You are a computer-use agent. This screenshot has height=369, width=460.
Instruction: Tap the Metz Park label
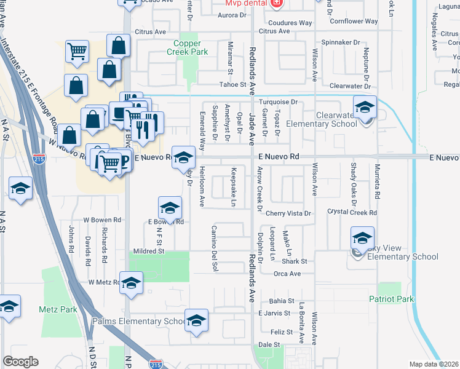[x=58, y=309]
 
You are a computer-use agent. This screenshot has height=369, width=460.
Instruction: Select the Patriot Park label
[x=391, y=300]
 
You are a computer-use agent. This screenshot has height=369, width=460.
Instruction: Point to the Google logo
[x=20, y=362]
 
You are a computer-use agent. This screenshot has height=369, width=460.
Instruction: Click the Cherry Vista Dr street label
[x=289, y=213]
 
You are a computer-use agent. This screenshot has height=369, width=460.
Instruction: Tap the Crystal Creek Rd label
[x=352, y=212]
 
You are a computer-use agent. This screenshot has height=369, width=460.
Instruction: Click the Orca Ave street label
[x=287, y=274]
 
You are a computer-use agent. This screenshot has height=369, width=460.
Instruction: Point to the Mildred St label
[x=149, y=251]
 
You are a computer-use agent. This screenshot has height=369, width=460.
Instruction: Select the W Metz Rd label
[x=103, y=282]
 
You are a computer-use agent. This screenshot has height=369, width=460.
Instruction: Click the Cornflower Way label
[x=353, y=21]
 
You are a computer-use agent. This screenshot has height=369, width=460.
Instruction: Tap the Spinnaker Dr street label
[x=340, y=42]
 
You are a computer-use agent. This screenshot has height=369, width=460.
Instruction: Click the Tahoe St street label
[x=233, y=85]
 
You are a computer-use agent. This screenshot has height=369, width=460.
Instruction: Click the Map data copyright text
[x=434, y=364]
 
